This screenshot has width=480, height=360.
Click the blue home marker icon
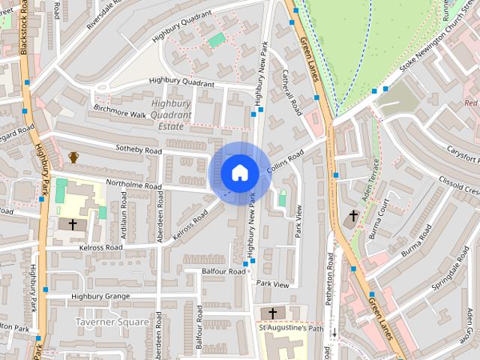tap(239, 173)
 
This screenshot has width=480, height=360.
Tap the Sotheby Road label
tap(139, 150)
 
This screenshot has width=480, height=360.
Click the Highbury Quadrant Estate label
tap(172, 115)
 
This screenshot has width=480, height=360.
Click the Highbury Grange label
tap(100, 296)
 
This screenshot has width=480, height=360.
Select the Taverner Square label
tap(112, 321)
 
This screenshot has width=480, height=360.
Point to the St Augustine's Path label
tap(290, 328)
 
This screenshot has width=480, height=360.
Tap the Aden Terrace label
tap(368, 182)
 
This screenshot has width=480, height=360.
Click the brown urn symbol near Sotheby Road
tap(73, 157)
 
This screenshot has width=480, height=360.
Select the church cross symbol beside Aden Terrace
tap(353, 217)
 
